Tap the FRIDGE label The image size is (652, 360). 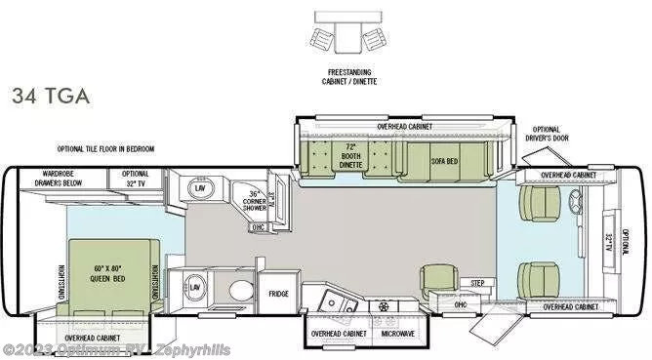point(279,294)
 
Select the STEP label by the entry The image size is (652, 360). point(477,283)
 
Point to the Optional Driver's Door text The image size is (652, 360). point(547,135)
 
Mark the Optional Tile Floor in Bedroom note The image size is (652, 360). point(105,149)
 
